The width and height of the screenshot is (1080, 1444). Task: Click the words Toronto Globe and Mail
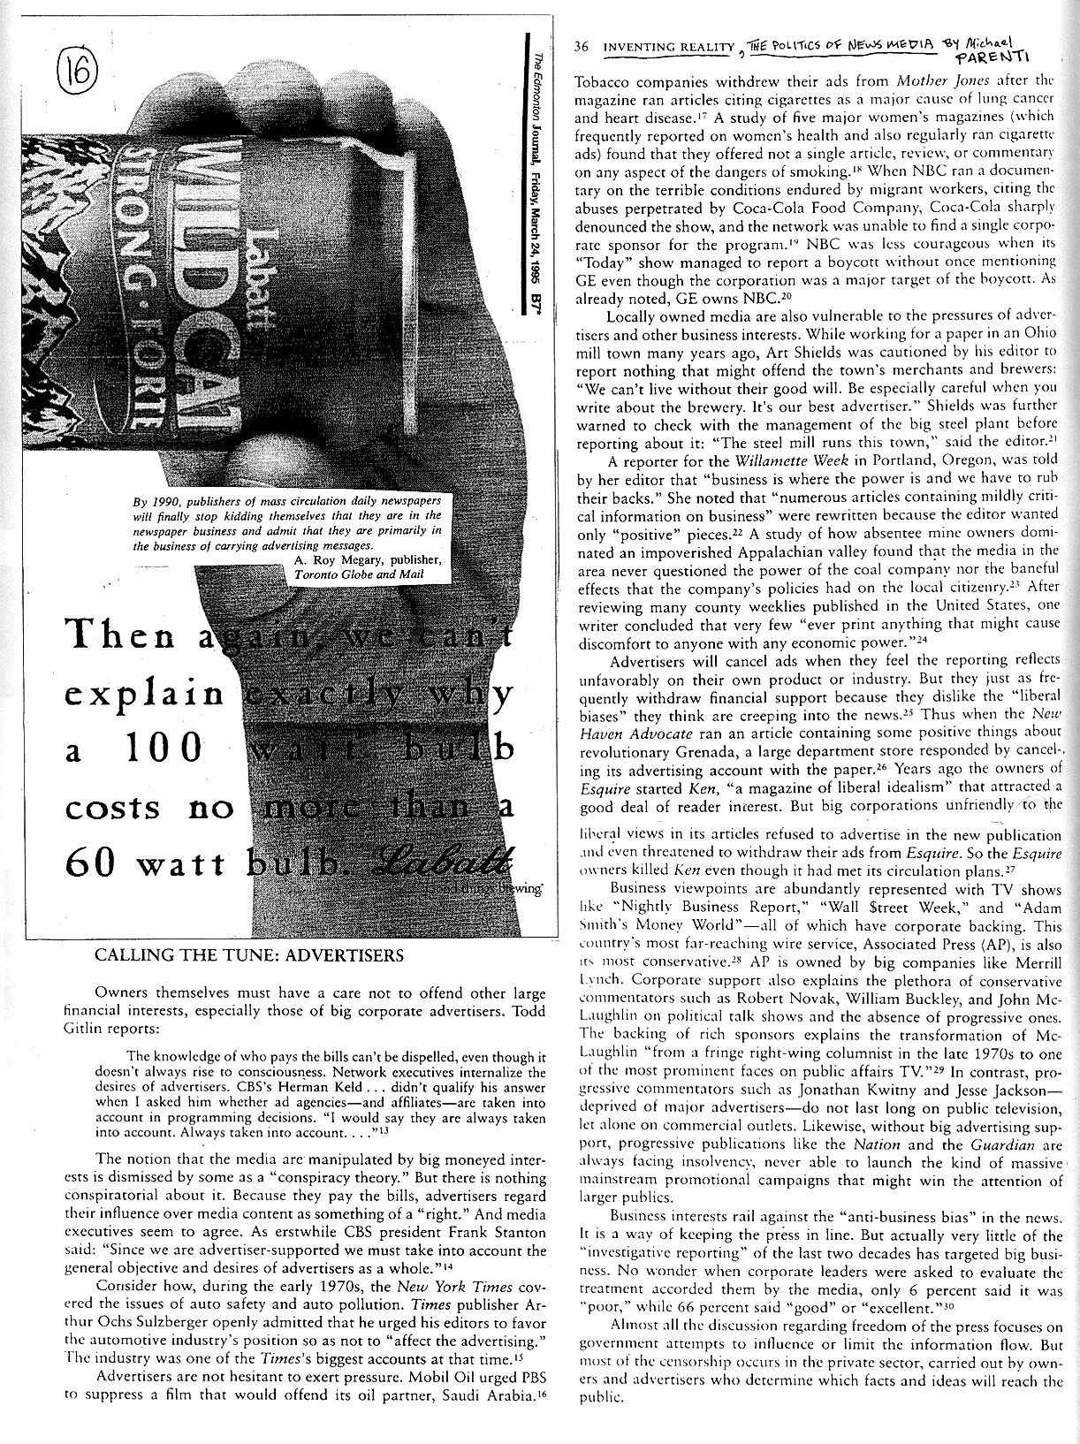[358, 574]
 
